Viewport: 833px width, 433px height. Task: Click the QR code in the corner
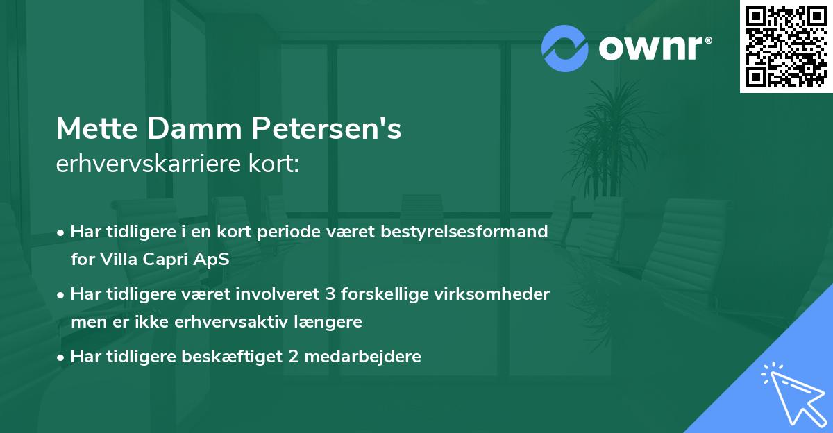[786, 46]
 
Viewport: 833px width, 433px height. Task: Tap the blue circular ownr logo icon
[565, 48]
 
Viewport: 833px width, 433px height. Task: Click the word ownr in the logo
[653, 48]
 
